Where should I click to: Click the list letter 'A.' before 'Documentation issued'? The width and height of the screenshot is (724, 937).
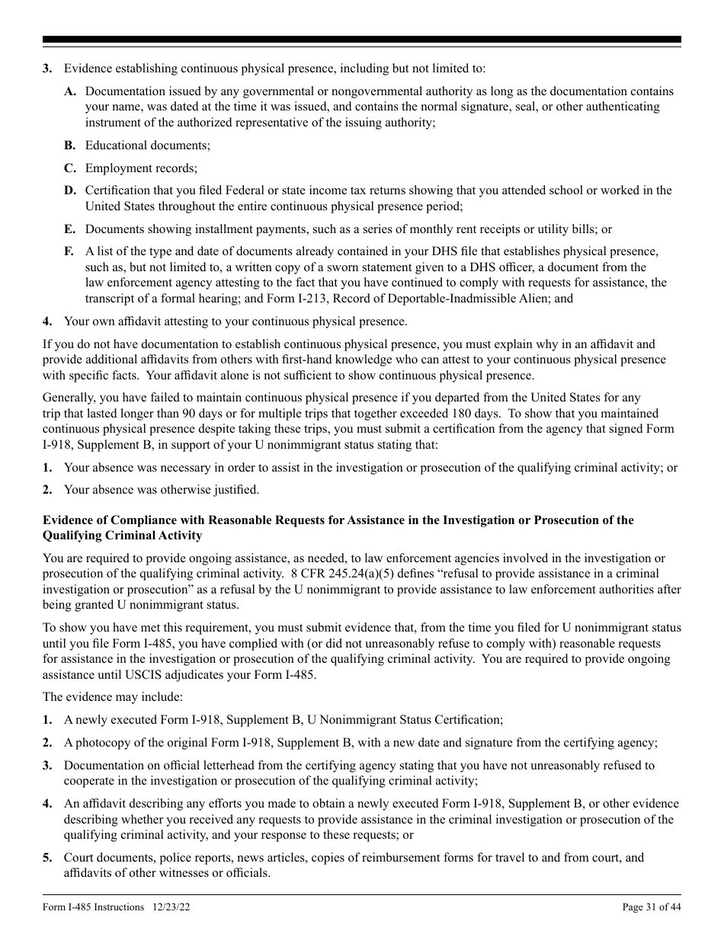(x=70, y=91)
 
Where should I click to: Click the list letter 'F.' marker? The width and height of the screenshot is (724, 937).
(x=69, y=251)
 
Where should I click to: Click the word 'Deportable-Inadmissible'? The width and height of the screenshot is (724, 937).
(x=479, y=299)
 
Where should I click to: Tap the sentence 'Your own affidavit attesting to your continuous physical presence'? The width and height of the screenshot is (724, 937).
(x=235, y=321)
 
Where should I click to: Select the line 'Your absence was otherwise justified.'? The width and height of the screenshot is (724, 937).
(x=161, y=489)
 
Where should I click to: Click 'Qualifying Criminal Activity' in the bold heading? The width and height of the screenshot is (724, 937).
(x=122, y=536)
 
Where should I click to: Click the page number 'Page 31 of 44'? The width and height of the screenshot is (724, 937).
(x=651, y=907)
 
